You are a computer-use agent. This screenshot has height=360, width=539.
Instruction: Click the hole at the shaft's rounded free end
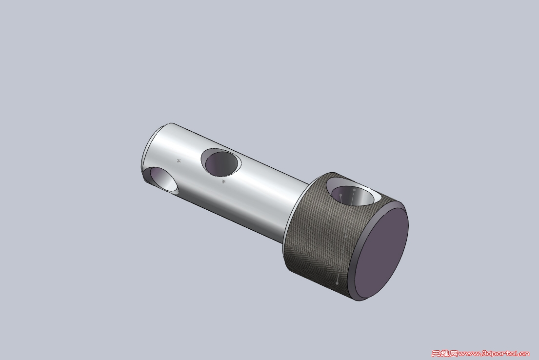tap(161, 180)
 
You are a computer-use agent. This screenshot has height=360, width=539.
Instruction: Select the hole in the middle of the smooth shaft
tap(221, 162)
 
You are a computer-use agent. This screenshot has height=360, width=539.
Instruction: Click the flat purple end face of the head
tap(381, 253)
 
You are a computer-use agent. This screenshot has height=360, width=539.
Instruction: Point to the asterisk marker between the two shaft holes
tap(179, 160)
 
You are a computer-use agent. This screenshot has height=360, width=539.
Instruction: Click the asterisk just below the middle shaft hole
tap(223, 181)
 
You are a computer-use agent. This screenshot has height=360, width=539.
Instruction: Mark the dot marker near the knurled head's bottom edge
tap(337, 283)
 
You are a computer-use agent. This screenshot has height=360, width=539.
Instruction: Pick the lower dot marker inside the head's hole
tap(341, 195)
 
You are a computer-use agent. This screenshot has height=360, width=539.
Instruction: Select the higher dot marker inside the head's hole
tap(355, 190)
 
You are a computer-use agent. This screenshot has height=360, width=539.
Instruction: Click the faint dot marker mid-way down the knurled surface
tap(346, 236)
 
